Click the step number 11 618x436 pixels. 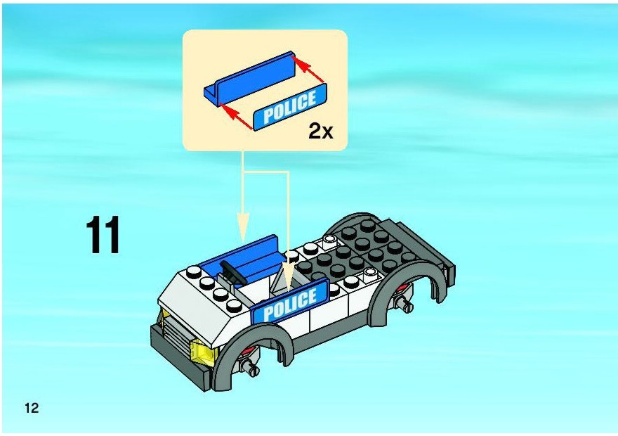tap(103, 235)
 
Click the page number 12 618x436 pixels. tap(32, 408)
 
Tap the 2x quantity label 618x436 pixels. tap(320, 131)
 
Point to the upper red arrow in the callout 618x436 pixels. tap(309, 70)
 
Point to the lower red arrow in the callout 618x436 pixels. tap(236, 117)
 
